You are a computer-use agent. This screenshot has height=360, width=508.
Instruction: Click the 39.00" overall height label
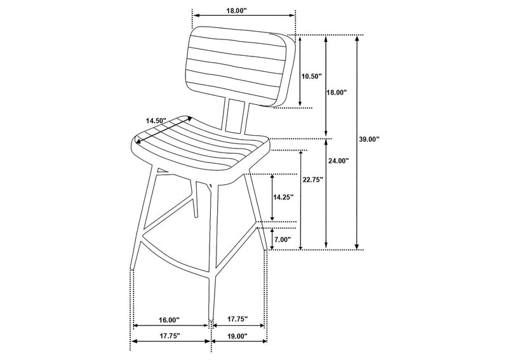(x=369, y=139)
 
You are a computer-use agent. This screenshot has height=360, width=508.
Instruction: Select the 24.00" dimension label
(x=338, y=161)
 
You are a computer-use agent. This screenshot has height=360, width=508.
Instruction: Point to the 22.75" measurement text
(x=313, y=180)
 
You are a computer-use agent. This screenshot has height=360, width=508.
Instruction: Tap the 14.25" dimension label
(x=283, y=197)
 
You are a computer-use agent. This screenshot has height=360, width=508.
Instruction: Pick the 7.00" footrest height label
(x=283, y=239)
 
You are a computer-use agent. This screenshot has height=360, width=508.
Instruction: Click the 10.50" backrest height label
(x=311, y=76)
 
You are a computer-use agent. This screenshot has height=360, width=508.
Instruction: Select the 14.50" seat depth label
(x=156, y=121)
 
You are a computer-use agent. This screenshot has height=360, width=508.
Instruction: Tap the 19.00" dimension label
(x=237, y=337)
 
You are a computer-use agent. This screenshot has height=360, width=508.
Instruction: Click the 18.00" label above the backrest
(x=236, y=10)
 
